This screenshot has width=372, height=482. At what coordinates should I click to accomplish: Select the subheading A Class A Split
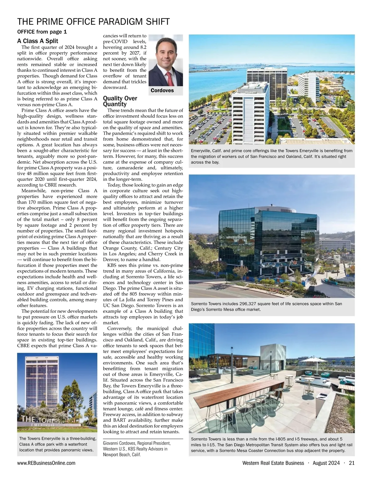(x=38, y=41)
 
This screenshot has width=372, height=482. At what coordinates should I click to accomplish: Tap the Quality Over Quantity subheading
(x=120, y=101)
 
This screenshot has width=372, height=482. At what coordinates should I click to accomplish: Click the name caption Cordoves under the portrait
(x=162, y=91)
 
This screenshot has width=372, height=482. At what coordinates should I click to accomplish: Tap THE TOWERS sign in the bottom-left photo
(x=40, y=420)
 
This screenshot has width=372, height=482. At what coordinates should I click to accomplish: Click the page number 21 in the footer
(x=351, y=463)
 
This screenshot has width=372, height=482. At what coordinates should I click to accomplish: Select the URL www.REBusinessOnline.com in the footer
(x=46, y=463)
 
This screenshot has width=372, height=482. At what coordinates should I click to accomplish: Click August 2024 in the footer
(x=326, y=463)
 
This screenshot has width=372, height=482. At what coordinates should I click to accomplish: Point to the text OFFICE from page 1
(x=42, y=32)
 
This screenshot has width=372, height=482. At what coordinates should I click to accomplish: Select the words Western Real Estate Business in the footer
(x=273, y=463)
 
